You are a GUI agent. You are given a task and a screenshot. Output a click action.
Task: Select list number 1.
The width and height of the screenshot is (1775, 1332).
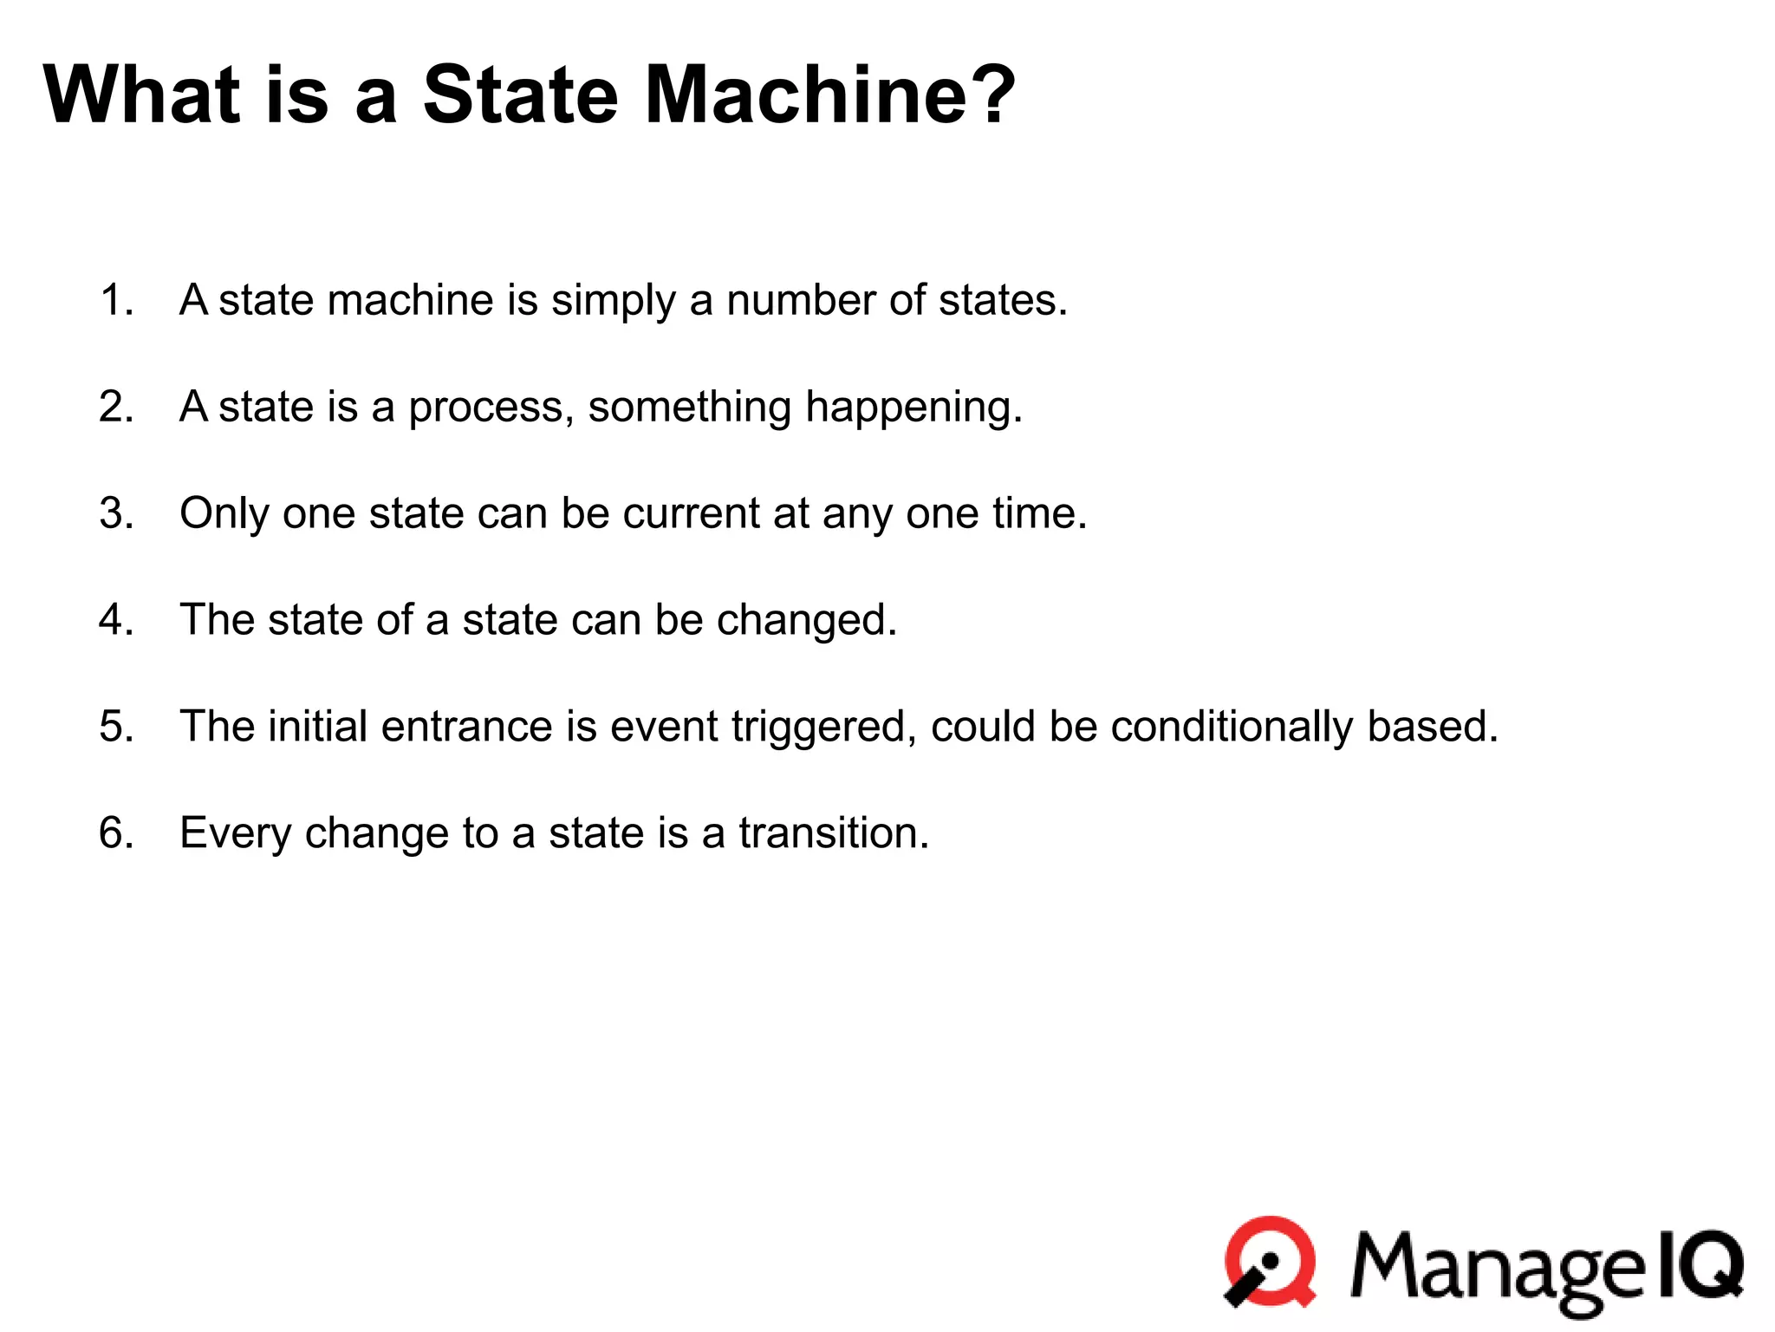[x=116, y=300]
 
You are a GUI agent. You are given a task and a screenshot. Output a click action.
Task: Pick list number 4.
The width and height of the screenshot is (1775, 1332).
[x=116, y=620]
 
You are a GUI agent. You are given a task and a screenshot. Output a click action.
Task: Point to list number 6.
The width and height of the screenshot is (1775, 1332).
[x=116, y=833]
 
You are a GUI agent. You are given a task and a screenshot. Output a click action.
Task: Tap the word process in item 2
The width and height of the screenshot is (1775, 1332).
[x=486, y=408]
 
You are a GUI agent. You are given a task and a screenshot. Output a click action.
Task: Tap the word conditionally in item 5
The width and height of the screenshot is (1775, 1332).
[x=1231, y=727]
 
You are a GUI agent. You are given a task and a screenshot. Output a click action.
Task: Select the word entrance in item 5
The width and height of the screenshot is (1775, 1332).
[x=466, y=727]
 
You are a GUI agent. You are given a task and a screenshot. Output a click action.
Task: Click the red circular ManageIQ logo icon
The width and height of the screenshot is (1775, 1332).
[x=1270, y=1262]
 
